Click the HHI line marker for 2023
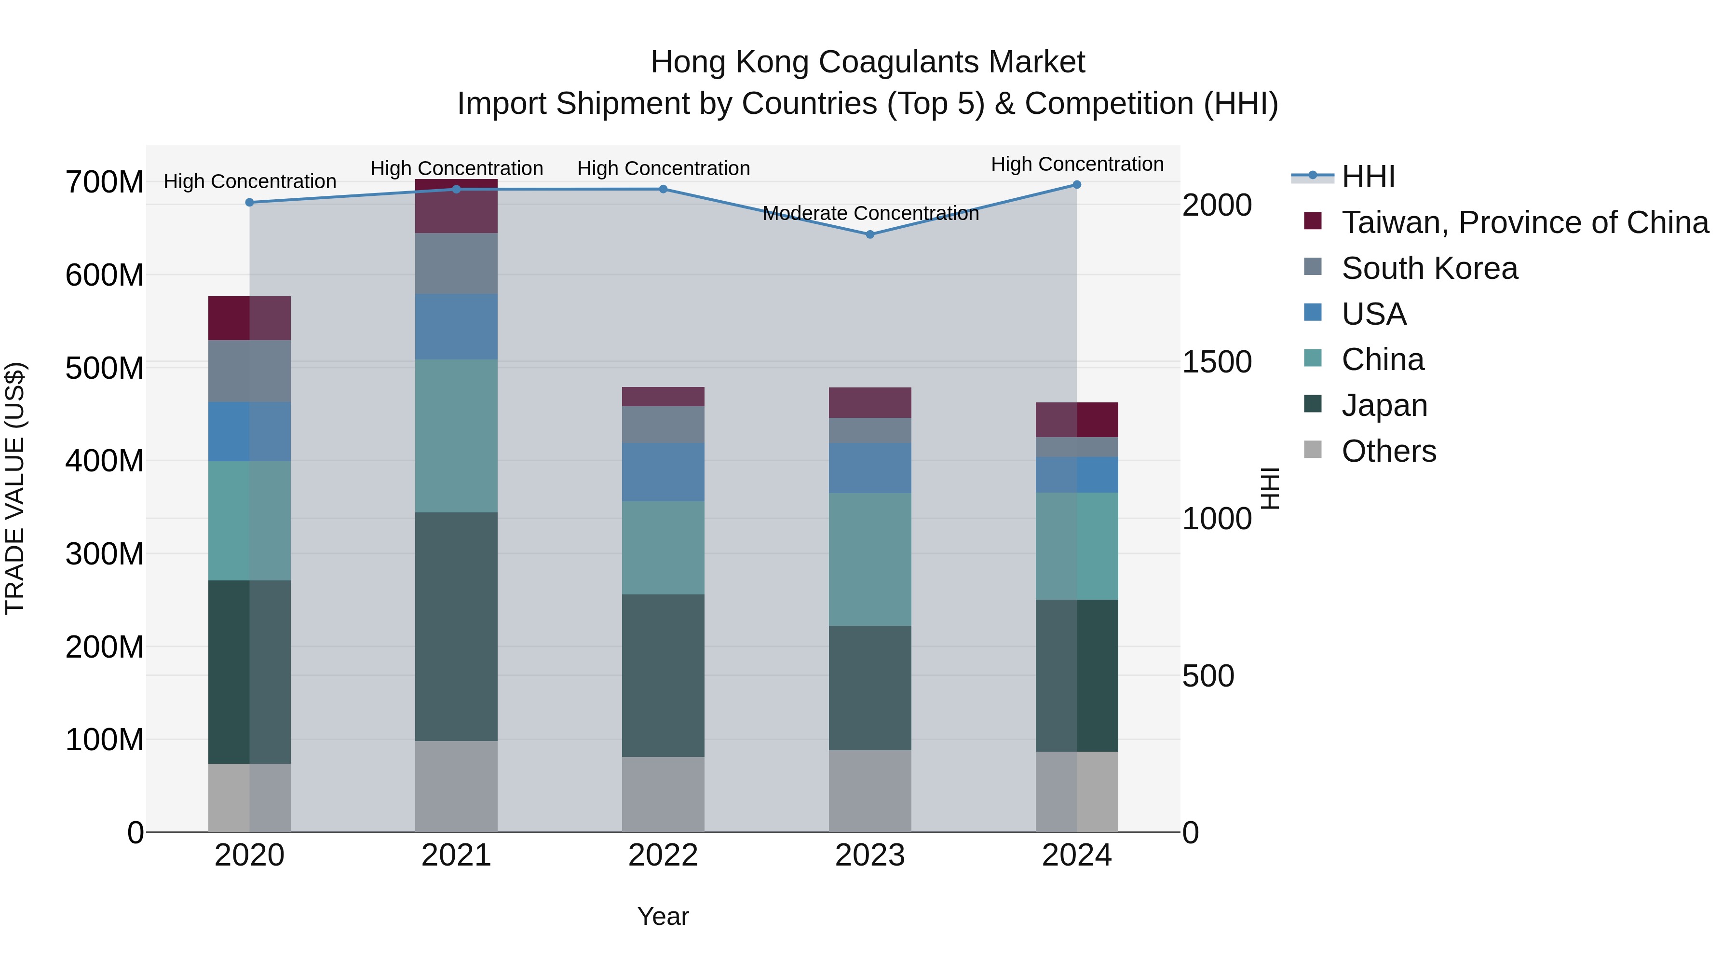[x=869, y=234]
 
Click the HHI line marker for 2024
[x=1076, y=185]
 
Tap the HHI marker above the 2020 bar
[x=249, y=202]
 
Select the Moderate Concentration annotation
[x=870, y=213]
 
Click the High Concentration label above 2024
[x=1076, y=164]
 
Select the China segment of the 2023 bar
[x=869, y=559]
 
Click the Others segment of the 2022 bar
[x=663, y=794]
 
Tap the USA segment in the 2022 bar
[x=663, y=471]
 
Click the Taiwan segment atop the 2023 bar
[x=869, y=402]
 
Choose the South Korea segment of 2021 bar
[x=456, y=263]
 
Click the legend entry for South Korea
[x=1429, y=268]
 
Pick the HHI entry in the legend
[x=1368, y=177]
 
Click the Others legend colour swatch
[x=1312, y=450]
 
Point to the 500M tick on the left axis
[x=105, y=368]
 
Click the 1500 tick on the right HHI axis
[x=1217, y=362]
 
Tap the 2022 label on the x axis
[x=663, y=855]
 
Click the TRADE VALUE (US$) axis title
[x=15, y=488]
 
